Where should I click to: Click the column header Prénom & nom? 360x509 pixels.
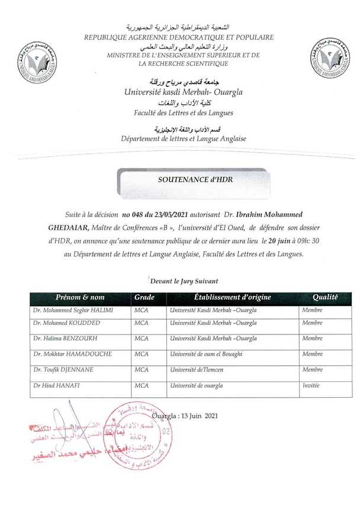[x=79, y=297]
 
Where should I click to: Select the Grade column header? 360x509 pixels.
[x=144, y=297]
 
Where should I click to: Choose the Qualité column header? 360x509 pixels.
[x=325, y=297]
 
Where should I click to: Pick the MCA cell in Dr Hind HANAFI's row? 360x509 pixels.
[x=142, y=385]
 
